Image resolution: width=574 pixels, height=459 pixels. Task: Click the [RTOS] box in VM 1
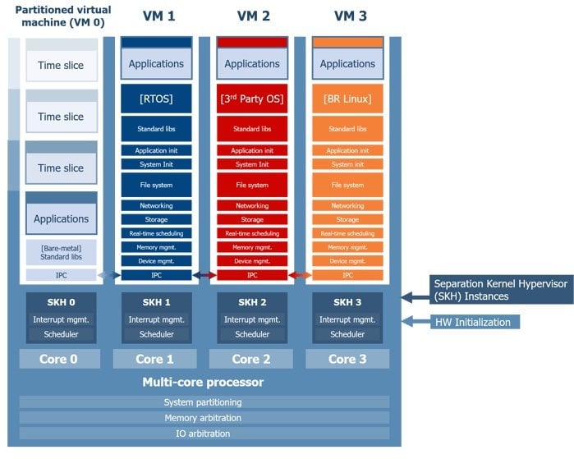(156, 99)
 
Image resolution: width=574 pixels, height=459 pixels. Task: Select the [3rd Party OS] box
(252, 99)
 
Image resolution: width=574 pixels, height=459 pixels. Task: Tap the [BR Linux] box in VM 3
(347, 99)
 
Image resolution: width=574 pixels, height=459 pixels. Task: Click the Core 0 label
(60, 359)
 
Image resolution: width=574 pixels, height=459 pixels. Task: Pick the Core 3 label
(347, 359)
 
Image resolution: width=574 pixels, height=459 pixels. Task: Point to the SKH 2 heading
(252, 301)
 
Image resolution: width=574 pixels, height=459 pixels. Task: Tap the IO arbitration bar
(203, 433)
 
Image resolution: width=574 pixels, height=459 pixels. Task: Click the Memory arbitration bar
(203, 417)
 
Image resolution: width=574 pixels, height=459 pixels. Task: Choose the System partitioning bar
(203, 402)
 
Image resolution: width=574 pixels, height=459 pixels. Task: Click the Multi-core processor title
(203, 382)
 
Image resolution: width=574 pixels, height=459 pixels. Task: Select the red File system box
(252, 185)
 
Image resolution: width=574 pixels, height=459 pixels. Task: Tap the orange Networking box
(347, 205)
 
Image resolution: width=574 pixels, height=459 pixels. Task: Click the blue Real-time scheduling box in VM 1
(156, 233)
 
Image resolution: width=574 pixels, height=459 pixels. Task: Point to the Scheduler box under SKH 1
(156, 334)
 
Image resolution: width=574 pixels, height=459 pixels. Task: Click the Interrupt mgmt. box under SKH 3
(347, 319)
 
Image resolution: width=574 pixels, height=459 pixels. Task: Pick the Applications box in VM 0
(61, 218)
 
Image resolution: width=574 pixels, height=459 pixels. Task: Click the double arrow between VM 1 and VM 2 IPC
(204, 275)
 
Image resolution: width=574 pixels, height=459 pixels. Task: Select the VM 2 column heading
(252, 16)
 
